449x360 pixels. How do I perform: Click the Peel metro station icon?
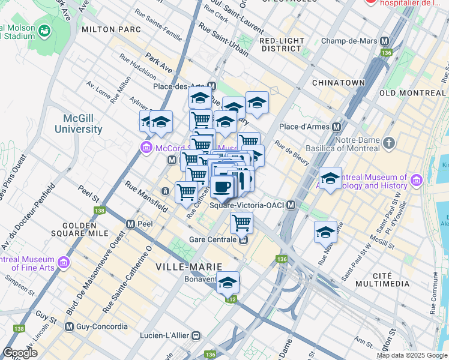[x=130, y=224]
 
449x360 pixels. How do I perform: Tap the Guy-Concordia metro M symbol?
[x=70, y=327]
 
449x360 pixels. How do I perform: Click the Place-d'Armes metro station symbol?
[x=336, y=127]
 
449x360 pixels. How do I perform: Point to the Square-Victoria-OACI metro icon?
[x=291, y=205]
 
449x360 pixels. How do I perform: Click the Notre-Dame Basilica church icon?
[x=389, y=143]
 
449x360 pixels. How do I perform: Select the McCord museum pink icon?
[x=145, y=148]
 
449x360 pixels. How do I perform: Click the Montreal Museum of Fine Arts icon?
[x=63, y=263]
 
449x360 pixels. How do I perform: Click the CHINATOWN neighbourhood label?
[x=339, y=82]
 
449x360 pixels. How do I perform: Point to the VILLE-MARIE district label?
[x=188, y=266]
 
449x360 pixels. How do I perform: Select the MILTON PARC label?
[x=111, y=29]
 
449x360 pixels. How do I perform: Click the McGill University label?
[x=79, y=124]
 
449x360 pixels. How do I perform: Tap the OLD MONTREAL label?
[x=412, y=93]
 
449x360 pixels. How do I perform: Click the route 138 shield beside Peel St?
[x=99, y=211]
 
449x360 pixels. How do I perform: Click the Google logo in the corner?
[x=20, y=353]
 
